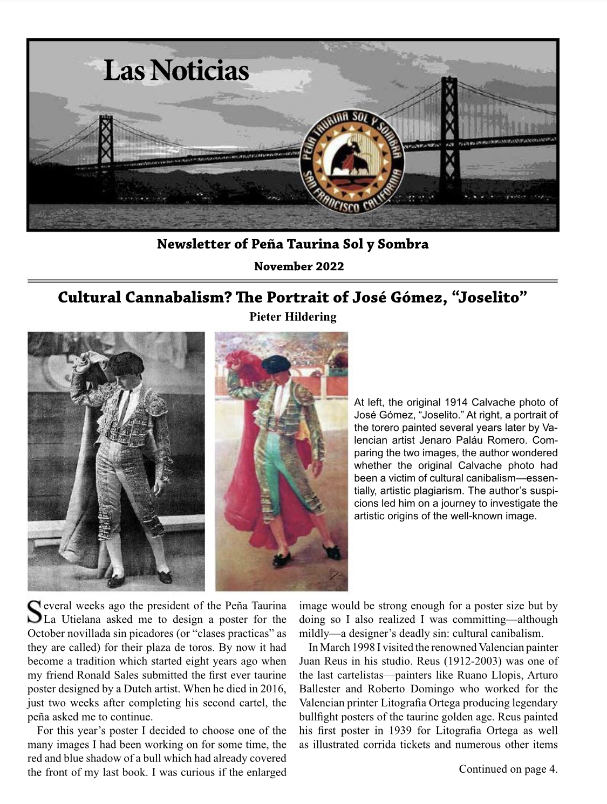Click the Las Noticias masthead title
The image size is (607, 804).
(x=176, y=71)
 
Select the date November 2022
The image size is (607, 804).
(x=298, y=266)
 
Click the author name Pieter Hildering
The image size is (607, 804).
(x=292, y=317)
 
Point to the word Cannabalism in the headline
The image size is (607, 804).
(x=178, y=298)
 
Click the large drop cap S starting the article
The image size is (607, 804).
(x=34, y=613)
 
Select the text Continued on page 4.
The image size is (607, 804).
(x=508, y=769)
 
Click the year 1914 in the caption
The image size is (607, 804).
(x=456, y=402)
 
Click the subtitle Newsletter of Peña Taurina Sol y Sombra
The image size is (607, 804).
(x=292, y=244)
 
